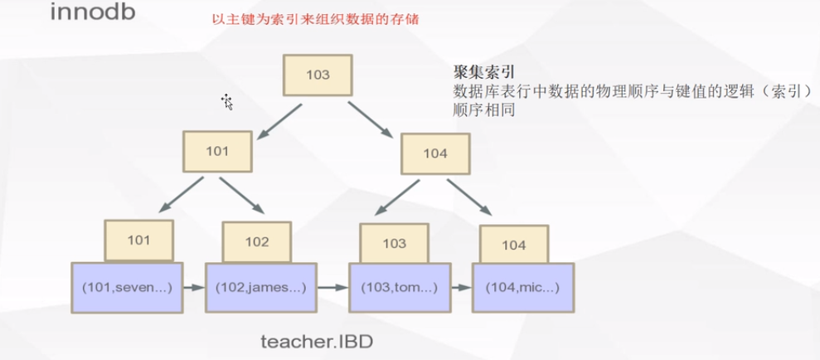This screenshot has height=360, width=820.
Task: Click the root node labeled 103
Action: (318, 75)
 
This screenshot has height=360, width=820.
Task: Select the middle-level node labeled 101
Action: (217, 152)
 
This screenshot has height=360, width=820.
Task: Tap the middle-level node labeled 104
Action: (435, 153)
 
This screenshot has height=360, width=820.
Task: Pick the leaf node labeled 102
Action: (257, 242)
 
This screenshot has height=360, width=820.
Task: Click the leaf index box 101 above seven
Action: (139, 241)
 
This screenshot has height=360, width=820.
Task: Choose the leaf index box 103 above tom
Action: (395, 243)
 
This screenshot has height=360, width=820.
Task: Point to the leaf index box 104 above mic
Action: (514, 245)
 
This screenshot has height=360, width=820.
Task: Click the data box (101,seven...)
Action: (125, 287)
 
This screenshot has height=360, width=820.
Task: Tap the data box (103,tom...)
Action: (395, 287)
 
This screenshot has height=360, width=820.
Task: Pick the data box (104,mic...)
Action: (524, 287)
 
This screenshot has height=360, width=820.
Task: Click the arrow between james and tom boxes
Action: (330, 288)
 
